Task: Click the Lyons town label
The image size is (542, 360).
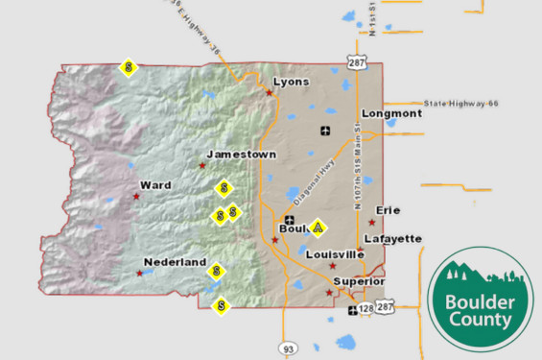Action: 291,83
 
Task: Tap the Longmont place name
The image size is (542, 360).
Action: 390,113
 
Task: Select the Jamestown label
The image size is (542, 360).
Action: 241,155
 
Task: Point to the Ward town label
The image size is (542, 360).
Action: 155,184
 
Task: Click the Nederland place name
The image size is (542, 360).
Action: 175,262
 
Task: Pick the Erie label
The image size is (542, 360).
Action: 389,209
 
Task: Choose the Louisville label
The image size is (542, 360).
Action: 334,254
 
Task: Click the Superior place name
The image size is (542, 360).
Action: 359,281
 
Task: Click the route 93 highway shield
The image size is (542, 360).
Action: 287,347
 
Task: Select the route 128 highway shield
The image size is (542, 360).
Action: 365,308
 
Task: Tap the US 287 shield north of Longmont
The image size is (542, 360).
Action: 357,62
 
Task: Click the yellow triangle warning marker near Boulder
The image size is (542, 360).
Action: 318,228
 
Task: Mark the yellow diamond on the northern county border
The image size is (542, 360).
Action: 130,68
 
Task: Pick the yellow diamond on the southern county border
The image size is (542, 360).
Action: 222,306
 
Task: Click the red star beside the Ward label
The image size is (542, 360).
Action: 136,197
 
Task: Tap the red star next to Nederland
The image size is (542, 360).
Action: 140,274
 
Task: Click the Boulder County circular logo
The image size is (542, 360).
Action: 480,298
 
